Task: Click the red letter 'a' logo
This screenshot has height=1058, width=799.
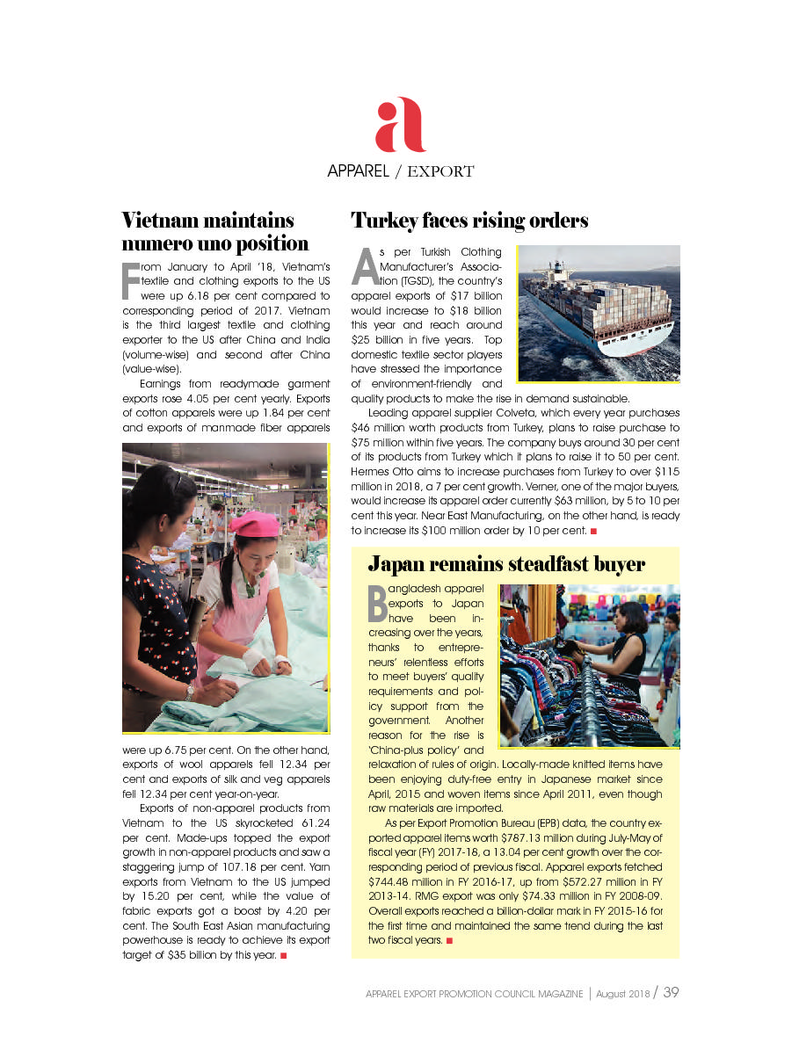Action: (400, 125)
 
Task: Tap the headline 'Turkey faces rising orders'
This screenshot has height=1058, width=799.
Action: (469, 220)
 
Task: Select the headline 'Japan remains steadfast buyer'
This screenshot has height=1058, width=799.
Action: (506, 564)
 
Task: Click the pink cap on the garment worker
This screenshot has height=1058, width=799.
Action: (254, 525)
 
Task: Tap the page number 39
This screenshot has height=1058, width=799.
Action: (671, 992)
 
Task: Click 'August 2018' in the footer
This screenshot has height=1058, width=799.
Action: (622, 994)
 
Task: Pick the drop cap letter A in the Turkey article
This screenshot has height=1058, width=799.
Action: (364, 265)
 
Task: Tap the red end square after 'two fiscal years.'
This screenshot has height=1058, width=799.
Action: (450, 941)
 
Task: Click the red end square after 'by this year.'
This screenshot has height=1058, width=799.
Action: (284, 957)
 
